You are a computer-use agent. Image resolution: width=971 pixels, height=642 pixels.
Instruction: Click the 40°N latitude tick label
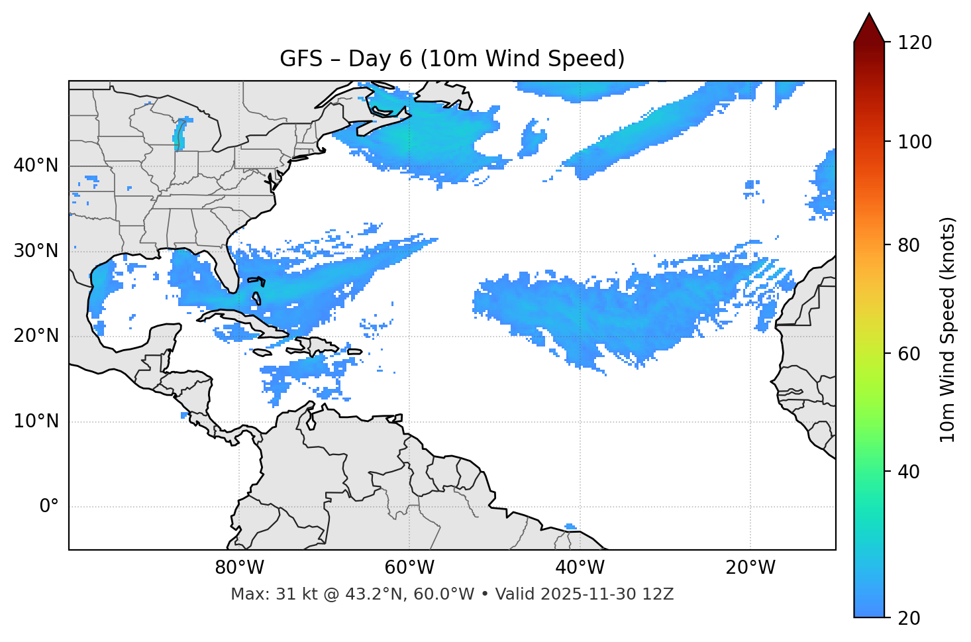pos(36,166)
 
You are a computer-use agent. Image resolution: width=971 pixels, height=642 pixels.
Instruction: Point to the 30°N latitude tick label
pos(36,251)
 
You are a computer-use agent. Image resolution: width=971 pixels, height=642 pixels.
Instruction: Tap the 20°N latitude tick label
pos(36,336)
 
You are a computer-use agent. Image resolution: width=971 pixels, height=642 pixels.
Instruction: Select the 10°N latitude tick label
pos(36,421)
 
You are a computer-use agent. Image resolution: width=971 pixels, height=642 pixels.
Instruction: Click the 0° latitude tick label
pos(49,507)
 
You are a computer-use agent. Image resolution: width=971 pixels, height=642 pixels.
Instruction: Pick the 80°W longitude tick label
pos(239,568)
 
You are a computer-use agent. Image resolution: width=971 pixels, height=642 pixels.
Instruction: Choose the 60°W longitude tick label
pos(409,568)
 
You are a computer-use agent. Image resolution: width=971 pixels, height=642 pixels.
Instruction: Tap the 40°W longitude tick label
pos(580,568)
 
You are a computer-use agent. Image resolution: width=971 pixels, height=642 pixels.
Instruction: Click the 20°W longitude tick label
pos(750,568)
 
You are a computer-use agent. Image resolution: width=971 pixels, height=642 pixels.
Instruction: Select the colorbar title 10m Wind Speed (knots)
pos(948,329)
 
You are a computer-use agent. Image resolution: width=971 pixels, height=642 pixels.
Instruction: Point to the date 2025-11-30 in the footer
pos(584,594)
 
